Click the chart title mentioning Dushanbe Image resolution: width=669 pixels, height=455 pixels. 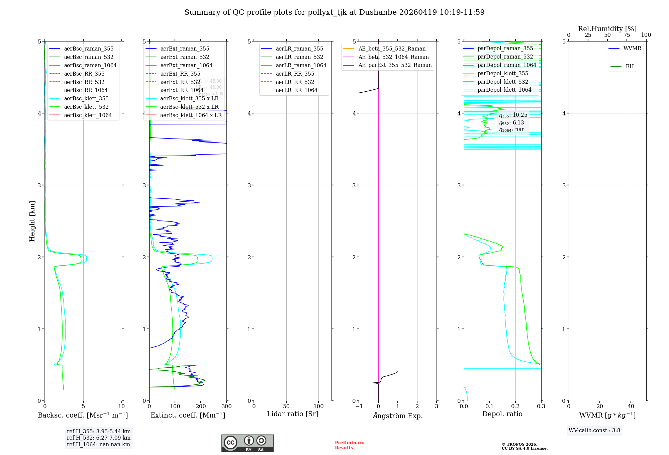(x=334, y=12)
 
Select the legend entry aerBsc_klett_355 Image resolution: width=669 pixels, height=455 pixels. (x=86, y=98)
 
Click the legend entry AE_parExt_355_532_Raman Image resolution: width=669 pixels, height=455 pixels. (x=395, y=65)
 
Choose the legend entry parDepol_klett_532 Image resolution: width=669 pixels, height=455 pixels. (x=503, y=82)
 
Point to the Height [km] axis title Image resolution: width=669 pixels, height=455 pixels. (x=32, y=221)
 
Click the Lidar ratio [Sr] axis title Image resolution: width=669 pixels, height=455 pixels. (x=293, y=414)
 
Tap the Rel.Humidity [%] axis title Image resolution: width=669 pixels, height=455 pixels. (x=607, y=29)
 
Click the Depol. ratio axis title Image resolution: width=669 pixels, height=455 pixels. (x=502, y=414)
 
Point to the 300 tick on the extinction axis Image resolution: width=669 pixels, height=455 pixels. (x=226, y=406)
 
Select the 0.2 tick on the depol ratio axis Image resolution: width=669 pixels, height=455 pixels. (x=515, y=406)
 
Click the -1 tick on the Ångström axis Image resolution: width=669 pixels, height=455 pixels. (x=359, y=406)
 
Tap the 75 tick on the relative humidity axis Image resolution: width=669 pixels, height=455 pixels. (x=627, y=35)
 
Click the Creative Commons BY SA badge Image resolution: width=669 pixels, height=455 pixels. (x=247, y=443)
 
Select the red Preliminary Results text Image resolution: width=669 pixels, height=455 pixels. (x=349, y=445)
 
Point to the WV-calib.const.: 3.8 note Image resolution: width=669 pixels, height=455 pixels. (x=594, y=431)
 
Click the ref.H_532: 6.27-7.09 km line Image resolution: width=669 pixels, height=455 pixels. (x=98, y=438)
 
